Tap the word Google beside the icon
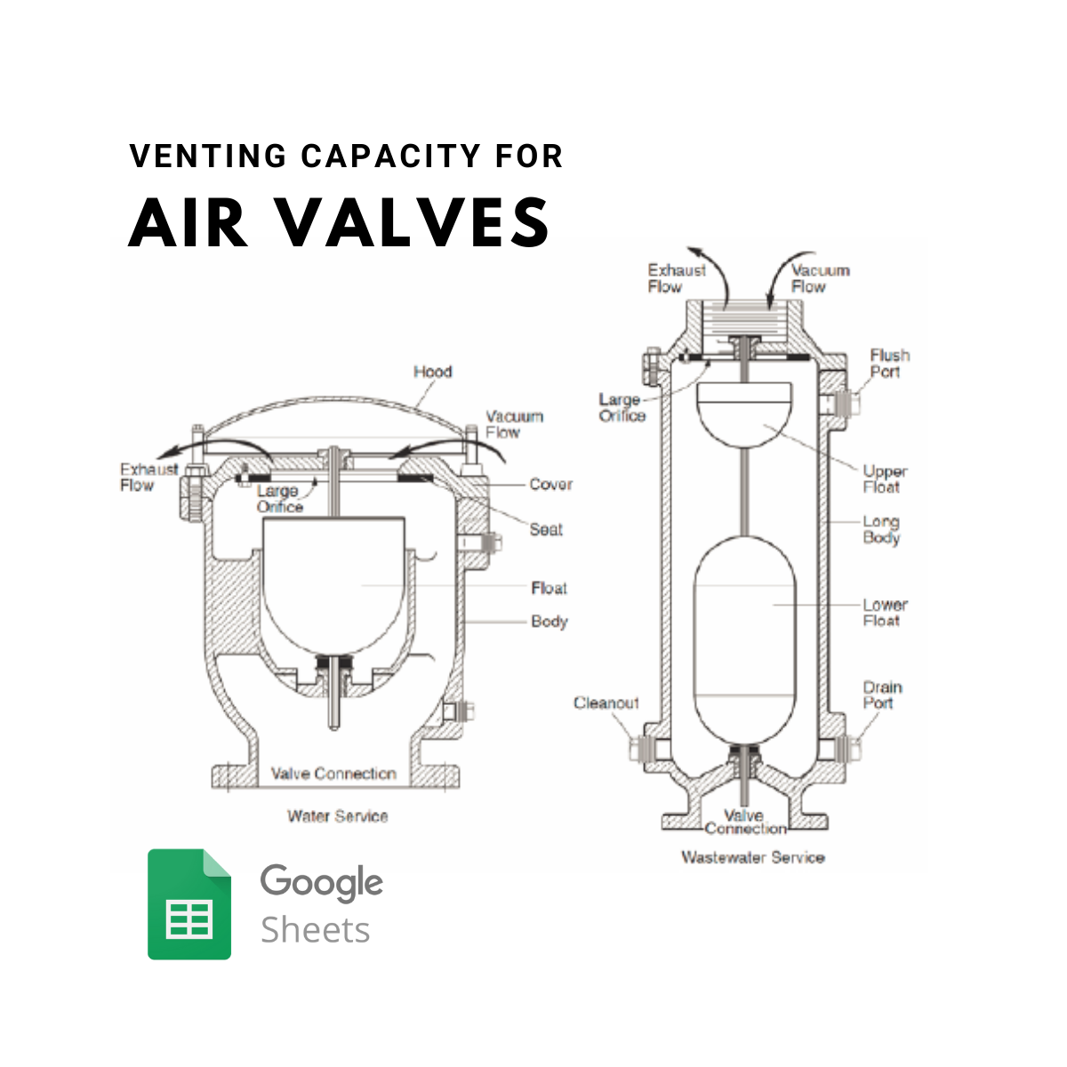(x=321, y=883)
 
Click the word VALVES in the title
(x=413, y=222)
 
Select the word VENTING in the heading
(x=208, y=156)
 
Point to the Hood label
(x=432, y=372)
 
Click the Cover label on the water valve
(x=550, y=484)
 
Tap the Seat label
(x=546, y=529)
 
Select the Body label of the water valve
(x=549, y=622)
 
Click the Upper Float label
(x=885, y=479)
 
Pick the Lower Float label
(x=885, y=613)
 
